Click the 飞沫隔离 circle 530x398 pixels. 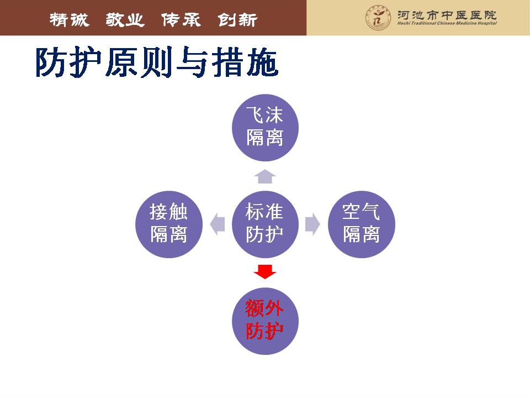[x=265, y=128]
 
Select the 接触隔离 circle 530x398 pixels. [x=169, y=224]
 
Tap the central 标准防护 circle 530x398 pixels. [x=265, y=224]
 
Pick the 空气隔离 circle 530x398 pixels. [x=361, y=224]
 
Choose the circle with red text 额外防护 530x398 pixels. [x=265, y=321]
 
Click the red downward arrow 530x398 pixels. [x=265, y=272]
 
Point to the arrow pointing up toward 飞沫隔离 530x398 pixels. [x=265, y=176]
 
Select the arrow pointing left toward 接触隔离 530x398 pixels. [x=218, y=224]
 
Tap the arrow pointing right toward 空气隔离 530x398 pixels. [x=312, y=224]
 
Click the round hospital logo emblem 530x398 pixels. [x=378, y=18]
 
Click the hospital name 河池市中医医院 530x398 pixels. [x=447, y=15]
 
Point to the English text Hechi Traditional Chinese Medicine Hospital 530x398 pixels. [x=447, y=23]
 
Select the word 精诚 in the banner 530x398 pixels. [x=70, y=20]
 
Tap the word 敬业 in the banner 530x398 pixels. [x=125, y=20]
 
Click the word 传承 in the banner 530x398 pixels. [x=181, y=20]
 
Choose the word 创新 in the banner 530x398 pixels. [x=237, y=20]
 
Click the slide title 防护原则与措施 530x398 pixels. [x=157, y=62]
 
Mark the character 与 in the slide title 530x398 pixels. [x=192, y=62]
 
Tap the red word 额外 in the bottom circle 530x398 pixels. [x=264, y=308]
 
